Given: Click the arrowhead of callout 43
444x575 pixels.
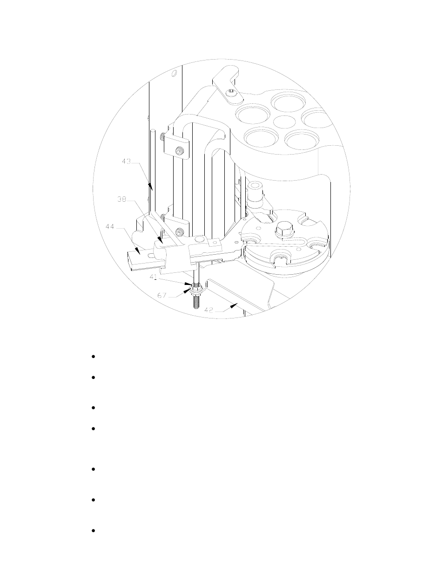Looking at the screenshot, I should (x=151, y=187).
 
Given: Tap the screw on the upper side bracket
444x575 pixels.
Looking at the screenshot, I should (x=179, y=150).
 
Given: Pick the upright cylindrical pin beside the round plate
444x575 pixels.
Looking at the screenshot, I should (x=255, y=193).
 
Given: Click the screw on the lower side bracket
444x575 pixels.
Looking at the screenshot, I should (x=179, y=230).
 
